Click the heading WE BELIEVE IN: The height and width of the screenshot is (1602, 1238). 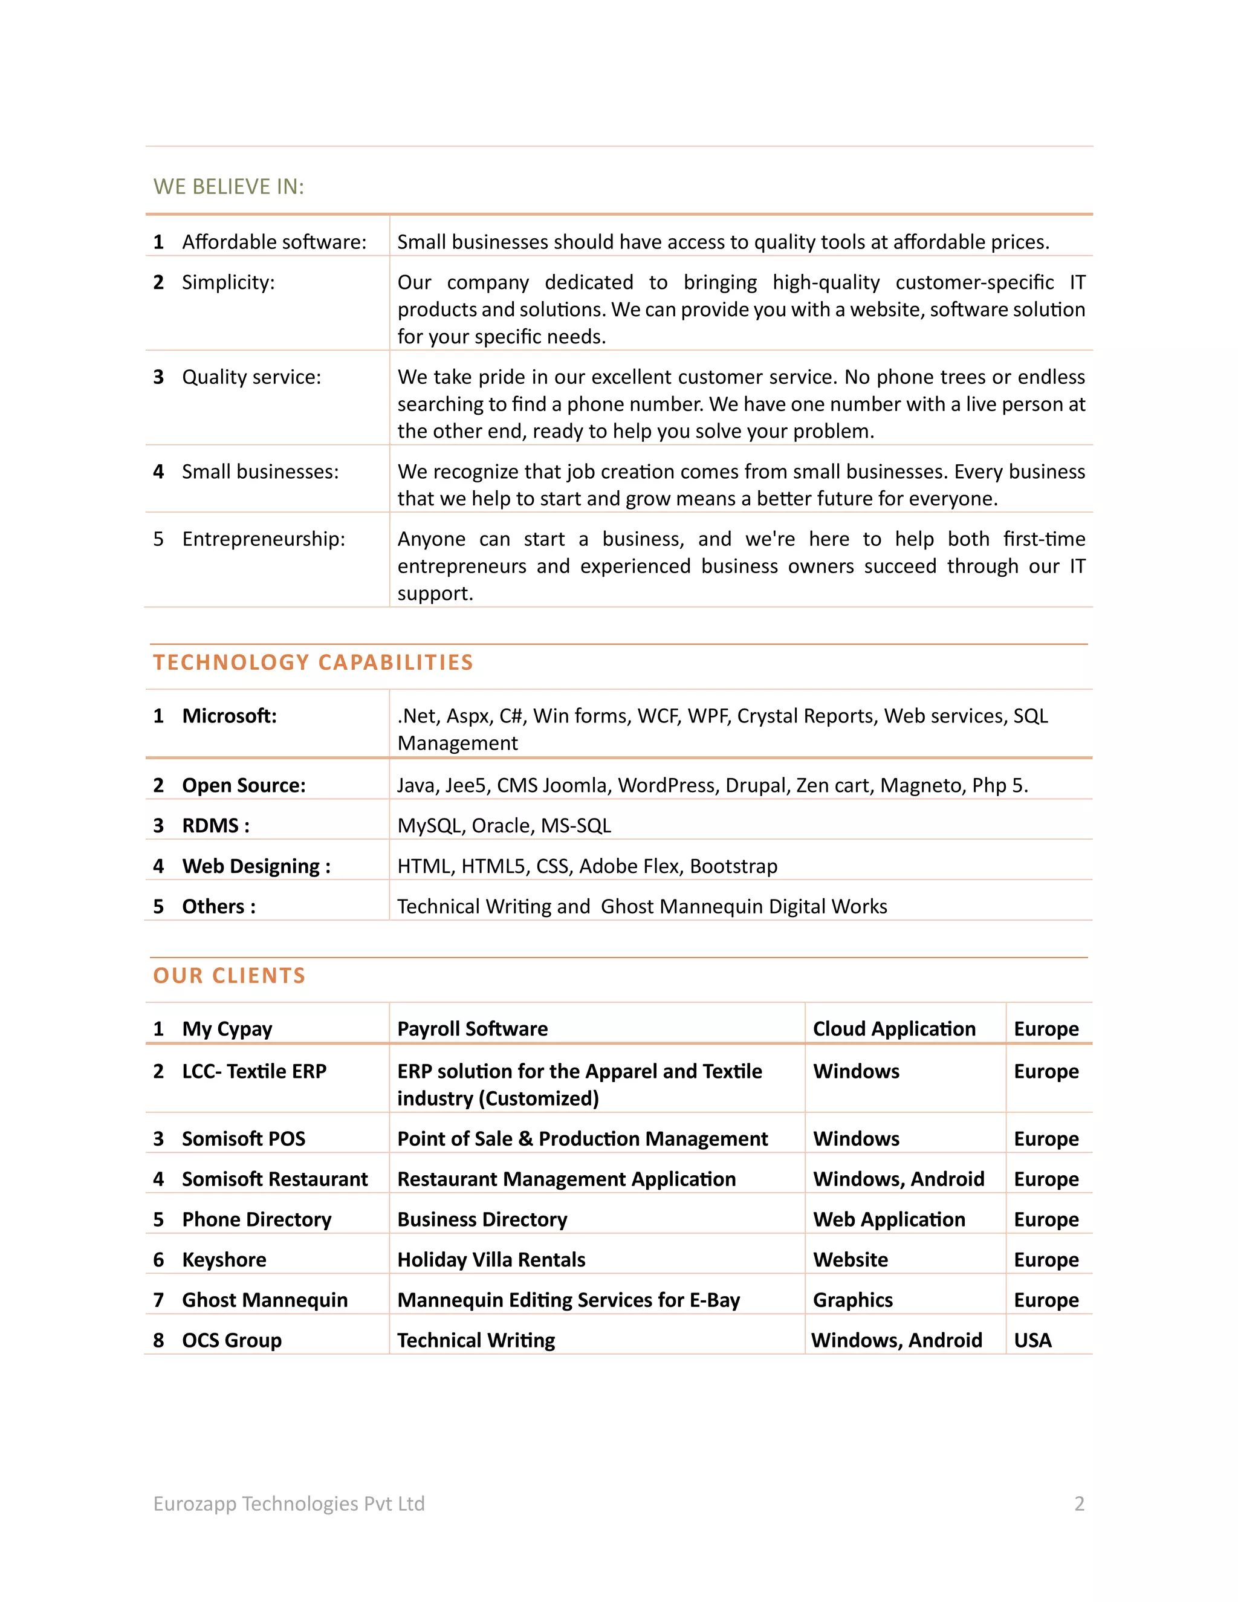click(x=228, y=187)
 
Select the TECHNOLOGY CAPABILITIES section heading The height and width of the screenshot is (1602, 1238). click(x=313, y=663)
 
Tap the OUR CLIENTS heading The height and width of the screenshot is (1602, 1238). click(x=229, y=976)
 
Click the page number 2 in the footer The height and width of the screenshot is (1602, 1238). click(x=1079, y=1503)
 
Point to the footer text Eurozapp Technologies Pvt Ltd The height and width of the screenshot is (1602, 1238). click(x=289, y=1503)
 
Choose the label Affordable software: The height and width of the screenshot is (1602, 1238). click(x=274, y=242)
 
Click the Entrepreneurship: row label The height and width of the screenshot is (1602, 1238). click(x=264, y=539)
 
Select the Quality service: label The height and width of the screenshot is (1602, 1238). click(x=251, y=377)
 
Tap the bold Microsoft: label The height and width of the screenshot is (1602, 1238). click(x=230, y=716)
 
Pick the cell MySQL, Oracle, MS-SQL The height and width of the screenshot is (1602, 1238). click(x=504, y=826)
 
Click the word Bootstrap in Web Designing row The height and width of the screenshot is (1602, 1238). click(x=733, y=866)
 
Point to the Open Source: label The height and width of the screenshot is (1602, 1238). click(x=244, y=786)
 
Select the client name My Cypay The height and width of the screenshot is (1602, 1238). click(x=227, y=1029)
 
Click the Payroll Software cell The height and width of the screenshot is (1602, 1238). click(x=472, y=1029)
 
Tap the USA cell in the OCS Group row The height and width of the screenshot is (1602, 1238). click(x=1032, y=1341)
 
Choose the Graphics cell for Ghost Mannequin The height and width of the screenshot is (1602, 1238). click(x=853, y=1300)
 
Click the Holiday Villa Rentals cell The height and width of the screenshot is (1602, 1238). click(x=491, y=1260)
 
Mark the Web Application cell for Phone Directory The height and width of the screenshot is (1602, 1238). click(x=889, y=1220)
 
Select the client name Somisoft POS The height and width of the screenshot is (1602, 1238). click(x=244, y=1139)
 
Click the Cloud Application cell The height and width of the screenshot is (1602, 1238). click(x=894, y=1029)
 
